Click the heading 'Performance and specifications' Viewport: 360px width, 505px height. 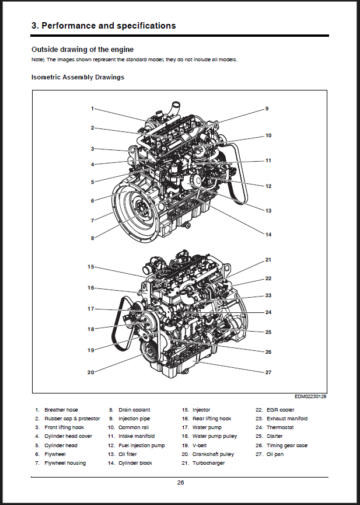[103, 26]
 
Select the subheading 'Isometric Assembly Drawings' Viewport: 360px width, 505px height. [77, 77]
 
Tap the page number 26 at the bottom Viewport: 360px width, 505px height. [180, 482]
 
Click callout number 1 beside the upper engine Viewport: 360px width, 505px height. [92, 109]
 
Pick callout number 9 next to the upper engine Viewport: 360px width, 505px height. [267, 109]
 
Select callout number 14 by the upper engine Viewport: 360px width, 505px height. [268, 235]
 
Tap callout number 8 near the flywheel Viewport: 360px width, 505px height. [92, 238]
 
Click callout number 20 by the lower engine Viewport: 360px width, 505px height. [90, 372]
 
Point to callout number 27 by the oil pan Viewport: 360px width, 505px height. [268, 372]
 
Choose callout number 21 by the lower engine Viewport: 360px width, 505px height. [268, 260]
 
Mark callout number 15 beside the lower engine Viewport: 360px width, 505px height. [90, 267]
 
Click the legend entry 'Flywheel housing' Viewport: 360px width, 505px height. [65, 463]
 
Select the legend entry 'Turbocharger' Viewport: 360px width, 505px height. [208, 463]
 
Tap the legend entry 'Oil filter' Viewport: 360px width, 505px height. [130, 454]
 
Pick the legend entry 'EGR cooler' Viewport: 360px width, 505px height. [280, 410]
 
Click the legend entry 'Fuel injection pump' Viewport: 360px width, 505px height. [142, 445]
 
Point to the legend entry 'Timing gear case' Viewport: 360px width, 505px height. [286, 445]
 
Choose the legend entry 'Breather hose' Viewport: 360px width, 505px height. [61, 410]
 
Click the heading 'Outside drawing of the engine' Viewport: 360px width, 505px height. [82, 49]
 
